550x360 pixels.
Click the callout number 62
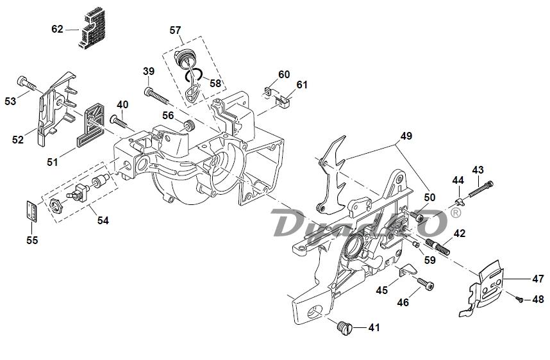click(x=57, y=29)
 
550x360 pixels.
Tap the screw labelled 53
click(x=26, y=83)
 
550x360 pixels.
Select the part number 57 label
click(x=175, y=31)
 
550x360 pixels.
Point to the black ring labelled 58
click(x=194, y=74)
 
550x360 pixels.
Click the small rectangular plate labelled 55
click(x=32, y=211)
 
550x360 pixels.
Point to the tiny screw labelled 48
click(x=519, y=299)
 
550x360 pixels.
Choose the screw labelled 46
click(x=426, y=284)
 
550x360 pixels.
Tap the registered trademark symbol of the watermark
click(x=455, y=213)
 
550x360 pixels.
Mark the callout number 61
click(x=302, y=85)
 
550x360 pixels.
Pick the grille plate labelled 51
click(x=91, y=126)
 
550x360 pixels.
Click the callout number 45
click(x=382, y=290)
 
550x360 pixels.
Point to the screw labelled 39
click(x=157, y=95)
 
